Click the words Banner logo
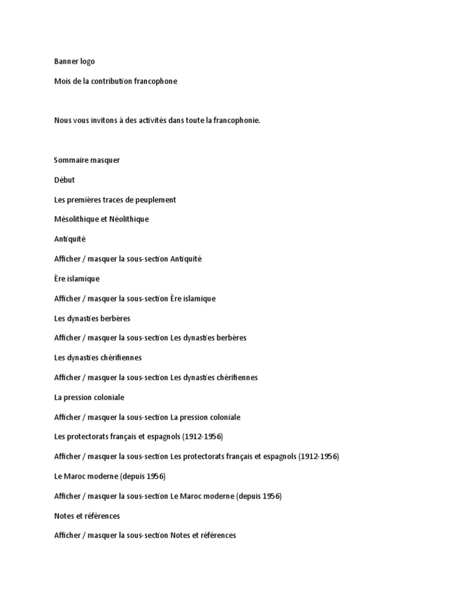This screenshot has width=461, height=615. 74,61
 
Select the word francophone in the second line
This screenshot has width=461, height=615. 157,81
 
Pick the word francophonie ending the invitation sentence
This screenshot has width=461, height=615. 237,121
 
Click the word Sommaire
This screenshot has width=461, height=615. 71,160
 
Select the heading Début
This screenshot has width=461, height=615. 64,180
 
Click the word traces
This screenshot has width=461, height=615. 115,199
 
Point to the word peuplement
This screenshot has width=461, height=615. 155,199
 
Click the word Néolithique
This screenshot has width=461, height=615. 129,219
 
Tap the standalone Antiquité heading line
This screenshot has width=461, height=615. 70,239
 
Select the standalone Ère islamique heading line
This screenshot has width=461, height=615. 77,279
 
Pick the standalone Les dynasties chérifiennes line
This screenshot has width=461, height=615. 98,357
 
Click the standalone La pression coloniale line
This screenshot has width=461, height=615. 89,397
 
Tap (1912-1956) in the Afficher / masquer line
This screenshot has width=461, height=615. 319,456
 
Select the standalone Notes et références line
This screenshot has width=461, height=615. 87,516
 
